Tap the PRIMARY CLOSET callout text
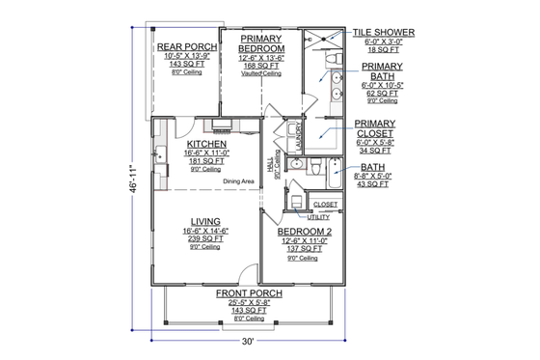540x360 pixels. coord(375,129)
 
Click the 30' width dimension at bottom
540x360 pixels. coord(248,342)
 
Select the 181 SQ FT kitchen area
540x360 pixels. coord(208,160)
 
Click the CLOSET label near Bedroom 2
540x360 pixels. coord(325,205)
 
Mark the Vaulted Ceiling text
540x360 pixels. coord(261,73)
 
